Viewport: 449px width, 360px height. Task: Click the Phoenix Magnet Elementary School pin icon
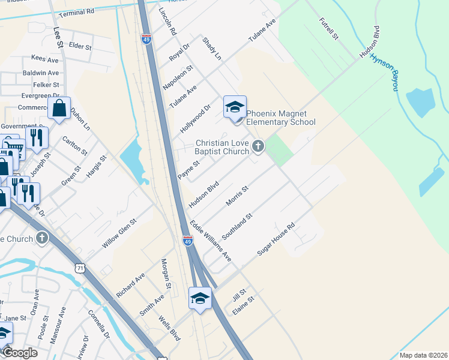click(x=235, y=108)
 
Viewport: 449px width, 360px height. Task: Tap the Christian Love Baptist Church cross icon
click(x=258, y=146)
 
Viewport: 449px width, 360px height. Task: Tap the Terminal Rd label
click(x=78, y=11)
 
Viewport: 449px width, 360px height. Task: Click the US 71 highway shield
click(x=80, y=268)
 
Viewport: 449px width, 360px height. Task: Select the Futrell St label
click(x=330, y=29)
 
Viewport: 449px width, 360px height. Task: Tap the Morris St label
click(x=237, y=195)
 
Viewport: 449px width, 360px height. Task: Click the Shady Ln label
click(x=212, y=49)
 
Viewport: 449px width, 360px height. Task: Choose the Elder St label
click(x=80, y=46)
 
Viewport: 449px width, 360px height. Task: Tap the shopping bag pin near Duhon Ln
click(x=59, y=109)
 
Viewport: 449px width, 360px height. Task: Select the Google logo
click(x=20, y=353)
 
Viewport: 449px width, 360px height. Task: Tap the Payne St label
click(x=188, y=169)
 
